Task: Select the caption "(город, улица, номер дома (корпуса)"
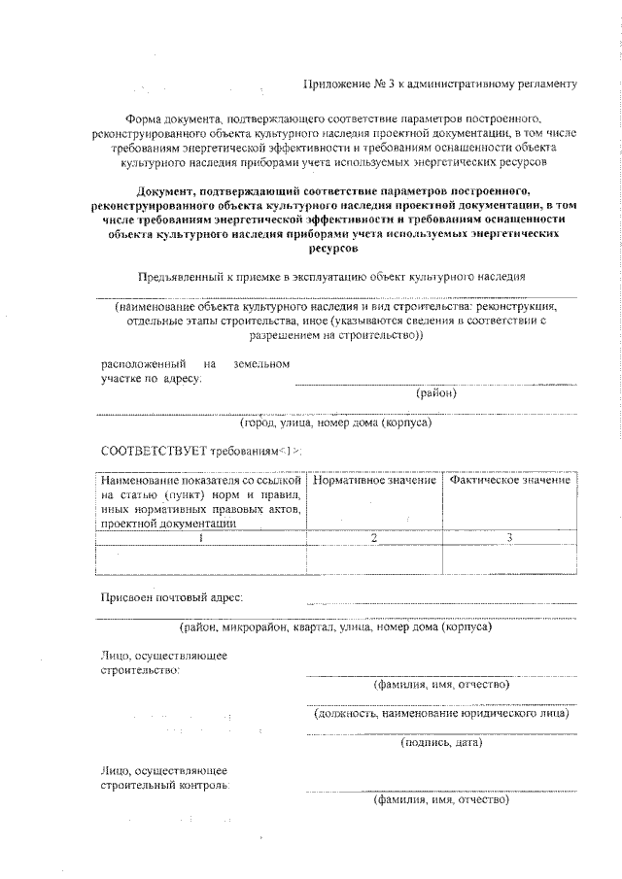(335, 423)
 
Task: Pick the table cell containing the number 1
(200, 537)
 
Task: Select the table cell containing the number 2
(374, 537)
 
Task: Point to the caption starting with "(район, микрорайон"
(335, 627)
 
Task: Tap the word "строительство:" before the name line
(140, 670)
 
